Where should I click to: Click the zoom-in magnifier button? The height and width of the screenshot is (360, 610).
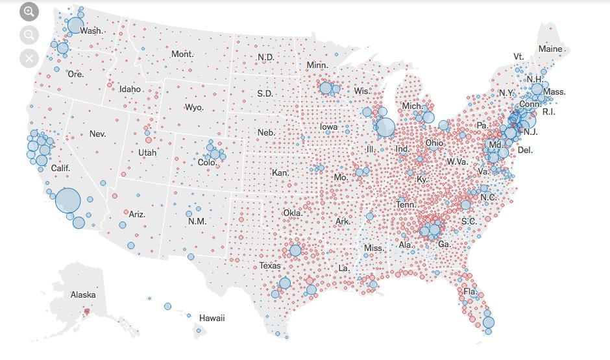point(29,12)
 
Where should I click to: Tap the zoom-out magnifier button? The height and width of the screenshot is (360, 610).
point(29,36)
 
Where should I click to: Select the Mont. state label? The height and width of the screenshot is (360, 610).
point(182,54)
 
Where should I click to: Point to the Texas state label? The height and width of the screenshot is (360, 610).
point(270,266)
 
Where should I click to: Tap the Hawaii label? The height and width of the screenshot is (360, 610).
point(212,318)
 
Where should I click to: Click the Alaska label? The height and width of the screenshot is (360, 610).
point(83,295)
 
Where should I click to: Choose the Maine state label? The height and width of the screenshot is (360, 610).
point(550,49)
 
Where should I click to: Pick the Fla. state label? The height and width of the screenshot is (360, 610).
point(470,292)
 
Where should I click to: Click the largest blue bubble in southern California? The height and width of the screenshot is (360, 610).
point(67,201)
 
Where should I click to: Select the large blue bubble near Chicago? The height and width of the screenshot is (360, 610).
point(385,126)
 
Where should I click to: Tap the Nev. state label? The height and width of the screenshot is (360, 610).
point(97,134)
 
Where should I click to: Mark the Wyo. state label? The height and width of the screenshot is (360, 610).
point(194,107)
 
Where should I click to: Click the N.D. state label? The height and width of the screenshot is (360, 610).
point(265,57)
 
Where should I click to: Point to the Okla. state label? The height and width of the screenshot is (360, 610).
point(293,213)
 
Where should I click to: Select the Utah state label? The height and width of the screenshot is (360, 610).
point(147,153)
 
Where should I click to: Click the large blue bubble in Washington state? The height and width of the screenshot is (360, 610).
point(75,25)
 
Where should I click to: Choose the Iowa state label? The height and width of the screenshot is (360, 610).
point(328,126)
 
